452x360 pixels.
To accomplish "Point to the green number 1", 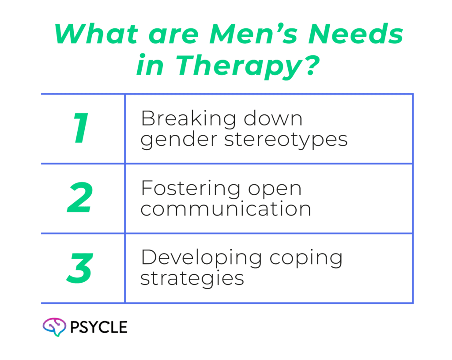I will tap(82, 129).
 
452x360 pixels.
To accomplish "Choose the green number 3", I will tap(79, 268).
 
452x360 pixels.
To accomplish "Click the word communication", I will tap(226, 208).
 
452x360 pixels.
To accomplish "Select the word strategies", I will tap(192, 279).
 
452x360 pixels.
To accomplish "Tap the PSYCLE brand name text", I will tap(99, 327).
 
